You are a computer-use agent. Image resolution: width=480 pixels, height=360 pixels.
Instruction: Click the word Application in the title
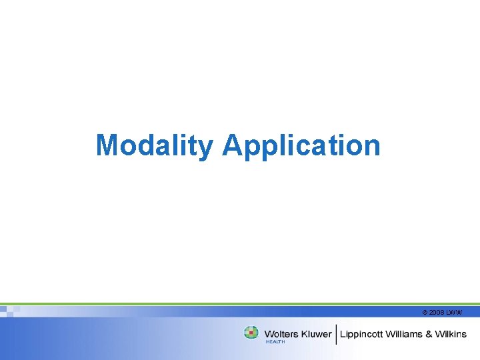point(301,145)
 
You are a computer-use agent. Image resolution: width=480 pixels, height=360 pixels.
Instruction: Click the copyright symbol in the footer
point(425,312)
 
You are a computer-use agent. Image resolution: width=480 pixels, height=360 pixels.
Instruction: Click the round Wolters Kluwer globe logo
point(251,332)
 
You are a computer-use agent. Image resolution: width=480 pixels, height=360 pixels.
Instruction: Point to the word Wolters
point(281,334)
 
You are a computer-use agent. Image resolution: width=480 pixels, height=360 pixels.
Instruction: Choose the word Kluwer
point(315,334)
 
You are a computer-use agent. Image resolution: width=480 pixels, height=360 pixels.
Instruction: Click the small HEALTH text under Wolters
point(275,342)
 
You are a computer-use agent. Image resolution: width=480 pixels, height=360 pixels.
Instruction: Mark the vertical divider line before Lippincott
point(337,333)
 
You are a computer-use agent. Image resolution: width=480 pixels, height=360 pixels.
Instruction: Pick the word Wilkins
point(451,334)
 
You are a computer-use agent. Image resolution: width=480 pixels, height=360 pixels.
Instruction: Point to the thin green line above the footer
point(240,304)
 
